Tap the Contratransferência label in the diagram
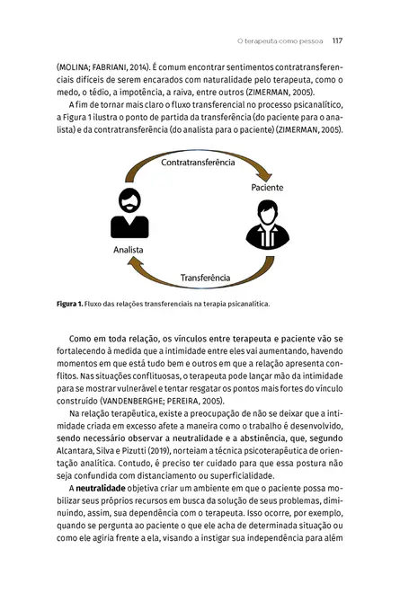198,163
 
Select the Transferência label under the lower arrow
205,278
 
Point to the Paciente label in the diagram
267,187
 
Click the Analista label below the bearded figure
129,250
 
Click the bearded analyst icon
129,214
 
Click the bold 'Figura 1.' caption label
69,302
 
